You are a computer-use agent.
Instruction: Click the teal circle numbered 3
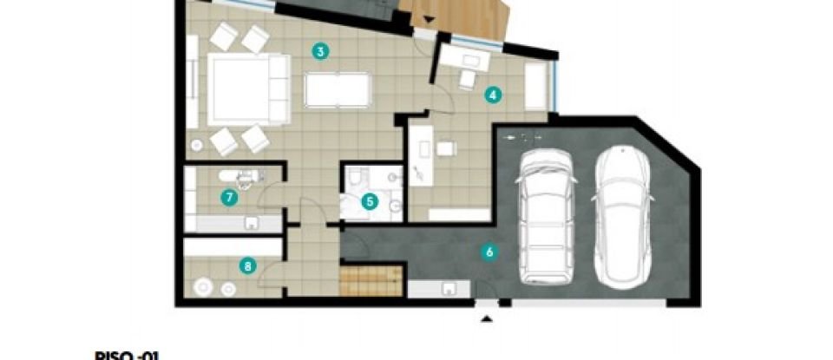321,51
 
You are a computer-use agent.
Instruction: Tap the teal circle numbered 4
493,95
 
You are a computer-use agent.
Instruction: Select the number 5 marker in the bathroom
371,201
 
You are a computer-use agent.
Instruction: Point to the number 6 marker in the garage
489,253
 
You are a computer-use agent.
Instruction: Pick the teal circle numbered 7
228,198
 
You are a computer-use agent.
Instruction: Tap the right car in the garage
623,217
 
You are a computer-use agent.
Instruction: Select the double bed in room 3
243,89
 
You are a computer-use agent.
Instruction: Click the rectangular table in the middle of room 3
338,89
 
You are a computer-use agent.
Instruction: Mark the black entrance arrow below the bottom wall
486,317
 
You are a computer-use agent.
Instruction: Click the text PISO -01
128,354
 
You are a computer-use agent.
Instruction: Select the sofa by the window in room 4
536,84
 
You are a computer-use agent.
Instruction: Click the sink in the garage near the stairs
450,289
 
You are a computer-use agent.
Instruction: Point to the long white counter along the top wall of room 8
233,247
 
